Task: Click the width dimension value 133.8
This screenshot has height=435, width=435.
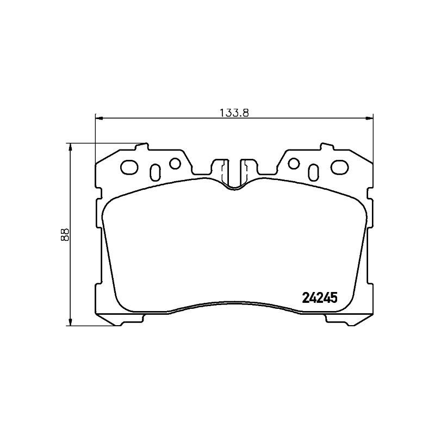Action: click(x=234, y=113)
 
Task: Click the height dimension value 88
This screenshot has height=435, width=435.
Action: click(x=65, y=234)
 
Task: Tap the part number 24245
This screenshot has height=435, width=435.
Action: click(x=320, y=298)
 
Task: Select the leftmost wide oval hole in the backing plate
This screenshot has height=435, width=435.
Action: click(x=129, y=166)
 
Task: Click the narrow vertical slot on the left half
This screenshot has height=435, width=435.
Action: click(x=154, y=171)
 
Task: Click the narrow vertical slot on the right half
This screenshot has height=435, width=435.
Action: click(x=314, y=171)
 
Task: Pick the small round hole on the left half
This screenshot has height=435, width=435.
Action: click(x=175, y=163)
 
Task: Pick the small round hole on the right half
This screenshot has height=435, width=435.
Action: click(x=294, y=163)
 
